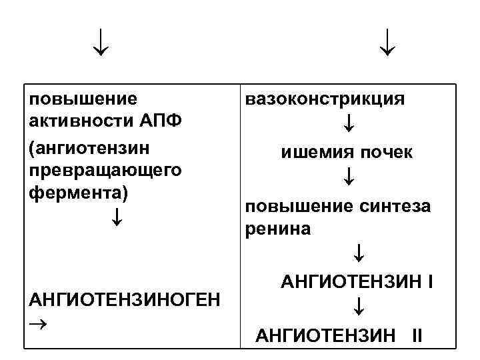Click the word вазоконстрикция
click(x=325, y=99)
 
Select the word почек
click(x=387, y=153)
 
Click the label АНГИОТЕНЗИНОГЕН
click(x=123, y=297)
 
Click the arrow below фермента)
click(x=117, y=216)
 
